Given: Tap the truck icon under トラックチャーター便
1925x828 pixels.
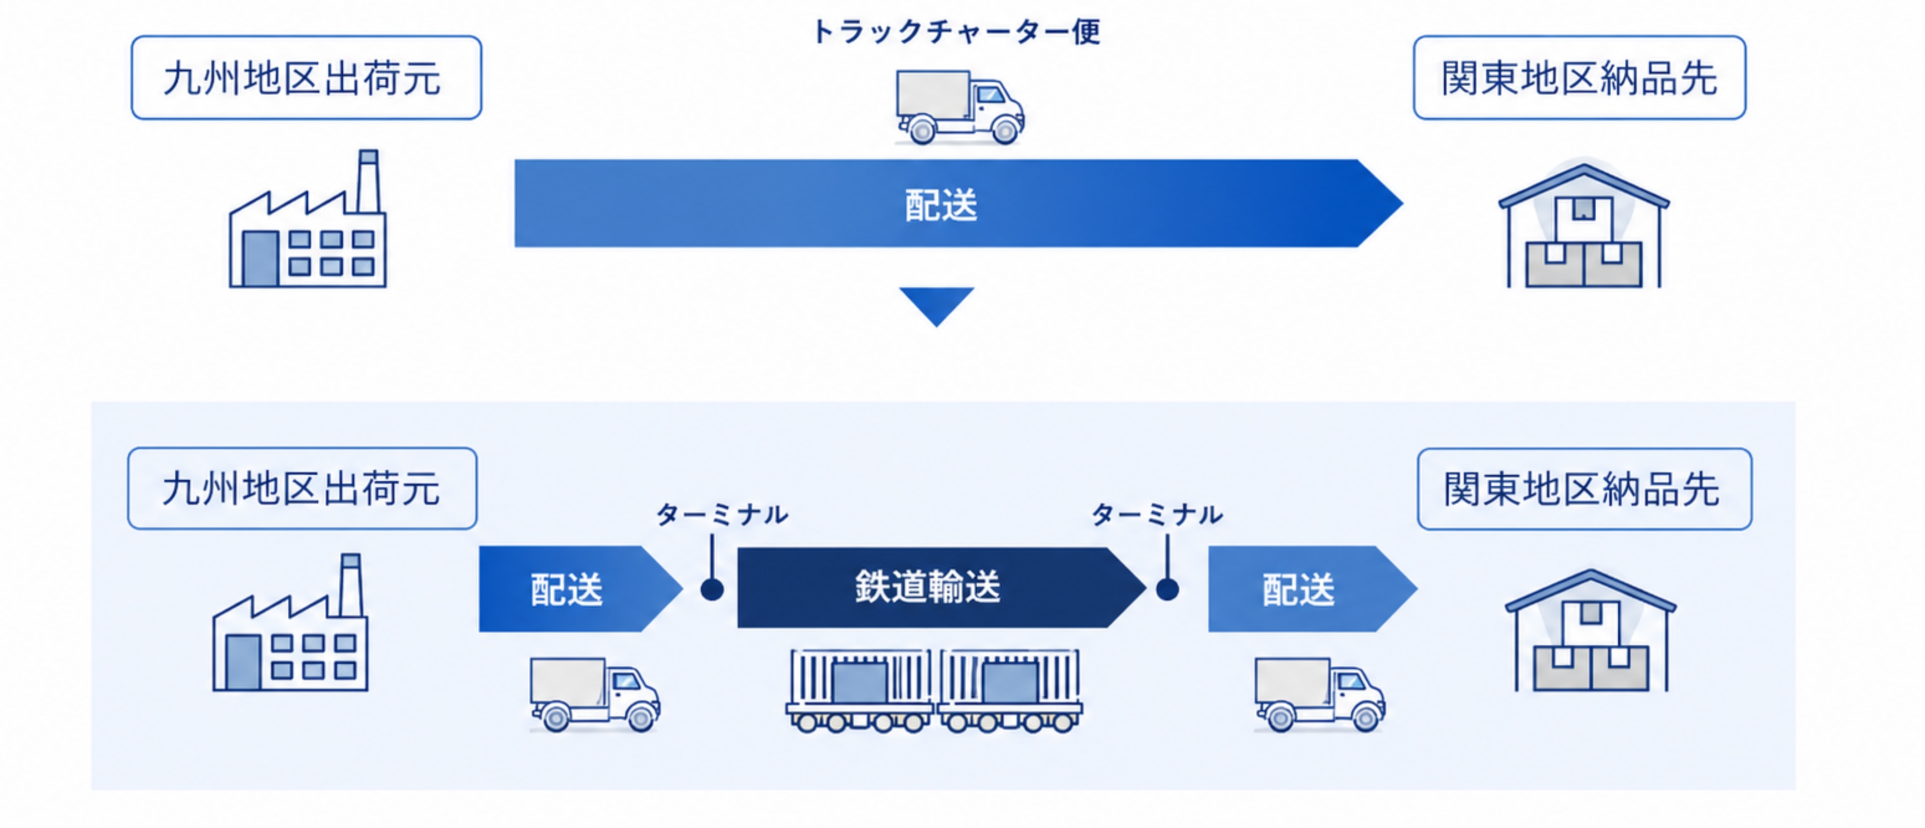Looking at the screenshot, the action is tap(959, 107).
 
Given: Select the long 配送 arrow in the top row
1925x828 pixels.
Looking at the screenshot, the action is tap(958, 203).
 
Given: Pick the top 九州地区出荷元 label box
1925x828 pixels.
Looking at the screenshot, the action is tap(306, 78).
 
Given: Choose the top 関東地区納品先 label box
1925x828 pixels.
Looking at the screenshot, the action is tap(1579, 78).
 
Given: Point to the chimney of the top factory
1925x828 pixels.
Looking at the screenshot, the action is tap(368, 181).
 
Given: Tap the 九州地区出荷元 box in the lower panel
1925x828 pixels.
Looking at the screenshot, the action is tap(303, 489).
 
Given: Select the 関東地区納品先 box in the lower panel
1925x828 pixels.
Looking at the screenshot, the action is tap(1584, 489).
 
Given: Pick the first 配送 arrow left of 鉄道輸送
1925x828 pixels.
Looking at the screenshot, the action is tap(580, 589).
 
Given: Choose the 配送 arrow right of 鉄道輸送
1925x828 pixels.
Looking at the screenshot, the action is tap(1312, 589).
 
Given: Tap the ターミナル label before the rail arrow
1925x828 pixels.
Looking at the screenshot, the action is tap(722, 514).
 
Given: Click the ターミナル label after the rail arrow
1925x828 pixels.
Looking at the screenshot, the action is tap(1157, 514).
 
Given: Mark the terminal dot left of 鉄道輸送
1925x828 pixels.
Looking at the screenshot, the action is tap(712, 590).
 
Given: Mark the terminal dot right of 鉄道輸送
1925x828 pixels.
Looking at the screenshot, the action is tap(1168, 590).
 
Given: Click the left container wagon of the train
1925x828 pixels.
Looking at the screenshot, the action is tap(859, 690).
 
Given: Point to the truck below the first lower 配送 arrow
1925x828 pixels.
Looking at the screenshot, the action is tap(595, 694).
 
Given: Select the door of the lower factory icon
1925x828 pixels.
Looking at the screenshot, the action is tap(243, 662).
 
